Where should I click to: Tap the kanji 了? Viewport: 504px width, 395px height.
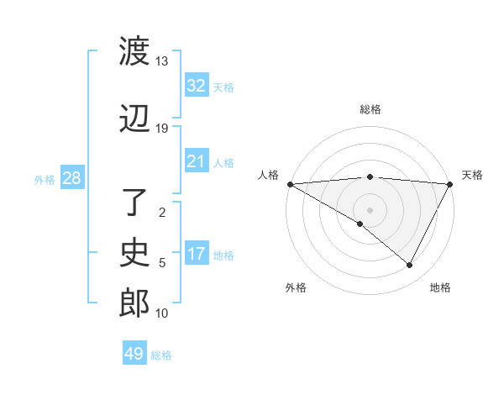[134, 205]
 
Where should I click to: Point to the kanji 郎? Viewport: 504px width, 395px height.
[134, 303]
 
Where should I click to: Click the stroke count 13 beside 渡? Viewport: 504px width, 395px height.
[162, 61]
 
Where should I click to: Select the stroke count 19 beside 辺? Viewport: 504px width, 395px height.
[162, 129]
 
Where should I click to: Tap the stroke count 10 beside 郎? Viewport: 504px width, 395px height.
[162, 313]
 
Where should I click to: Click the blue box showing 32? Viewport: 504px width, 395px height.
[196, 86]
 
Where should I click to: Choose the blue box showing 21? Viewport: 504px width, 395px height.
[196, 161]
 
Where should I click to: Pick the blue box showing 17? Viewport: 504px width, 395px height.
[196, 254]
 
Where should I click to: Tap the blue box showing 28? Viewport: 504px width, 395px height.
[71, 178]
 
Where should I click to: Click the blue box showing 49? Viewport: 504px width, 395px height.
[134, 354]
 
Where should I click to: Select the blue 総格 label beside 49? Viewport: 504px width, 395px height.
[161, 355]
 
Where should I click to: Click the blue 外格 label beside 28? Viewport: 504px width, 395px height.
[45, 179]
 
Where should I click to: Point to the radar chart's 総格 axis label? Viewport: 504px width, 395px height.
[370, 109]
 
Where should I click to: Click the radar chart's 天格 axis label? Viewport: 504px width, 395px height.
[472, 175]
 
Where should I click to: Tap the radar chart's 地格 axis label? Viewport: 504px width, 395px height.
[440, 287]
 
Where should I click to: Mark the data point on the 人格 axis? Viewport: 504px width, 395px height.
[290, 184]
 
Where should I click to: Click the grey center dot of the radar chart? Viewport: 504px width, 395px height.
[370, 209]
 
